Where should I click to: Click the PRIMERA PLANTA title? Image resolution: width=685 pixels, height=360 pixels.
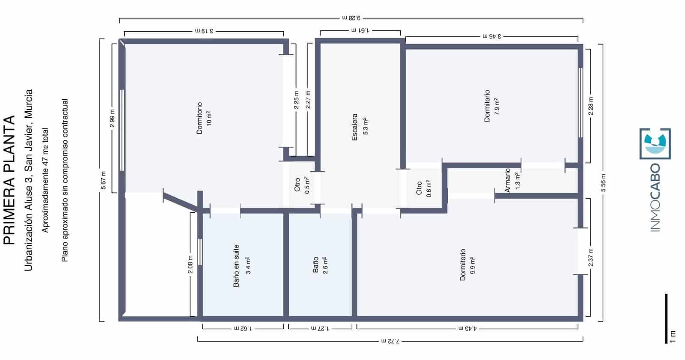click(9, 180)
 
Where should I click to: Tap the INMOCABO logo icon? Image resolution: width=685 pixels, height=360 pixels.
click(655, 144)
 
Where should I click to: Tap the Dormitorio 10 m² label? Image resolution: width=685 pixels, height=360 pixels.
click(204, 118)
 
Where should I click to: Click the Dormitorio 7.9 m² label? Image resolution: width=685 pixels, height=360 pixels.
click(491, 106)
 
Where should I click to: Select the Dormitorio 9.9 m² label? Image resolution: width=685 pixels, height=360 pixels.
click(467, 265)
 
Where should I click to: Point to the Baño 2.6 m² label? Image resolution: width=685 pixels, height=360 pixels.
click(320, 265)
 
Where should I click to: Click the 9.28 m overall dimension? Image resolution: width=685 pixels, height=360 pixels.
click(351, 18)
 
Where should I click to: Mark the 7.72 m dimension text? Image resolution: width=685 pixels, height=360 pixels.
click(390, 341)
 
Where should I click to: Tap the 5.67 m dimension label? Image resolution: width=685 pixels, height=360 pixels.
click(103, 180)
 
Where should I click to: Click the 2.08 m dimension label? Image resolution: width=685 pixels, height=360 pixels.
click(191, 265)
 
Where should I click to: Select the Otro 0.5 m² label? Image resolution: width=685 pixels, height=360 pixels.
click(302, 185)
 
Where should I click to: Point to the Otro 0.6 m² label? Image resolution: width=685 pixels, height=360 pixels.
click(424, 188)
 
